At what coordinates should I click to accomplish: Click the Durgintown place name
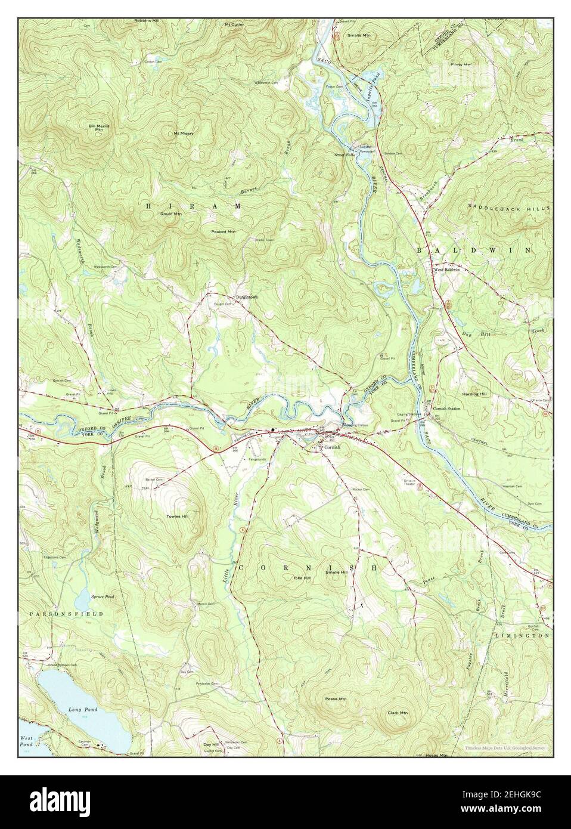click(246, 297)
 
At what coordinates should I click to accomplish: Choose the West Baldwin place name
click(446, 270)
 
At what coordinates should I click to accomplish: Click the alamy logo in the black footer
click(68, 802)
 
